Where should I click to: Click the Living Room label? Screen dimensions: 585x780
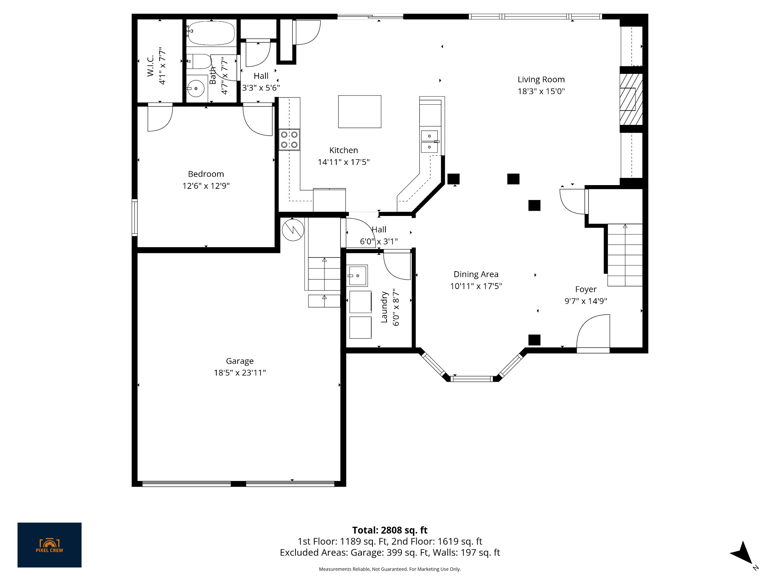[541, 80]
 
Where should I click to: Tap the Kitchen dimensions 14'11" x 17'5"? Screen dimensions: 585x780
[344, 162]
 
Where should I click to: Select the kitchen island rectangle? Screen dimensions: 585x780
[360, 112]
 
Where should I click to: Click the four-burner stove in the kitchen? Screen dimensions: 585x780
[289, 139]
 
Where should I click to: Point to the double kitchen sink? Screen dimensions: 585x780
[430, 141]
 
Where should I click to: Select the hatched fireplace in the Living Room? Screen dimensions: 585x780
[631, 99]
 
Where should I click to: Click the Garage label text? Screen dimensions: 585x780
[240, 361]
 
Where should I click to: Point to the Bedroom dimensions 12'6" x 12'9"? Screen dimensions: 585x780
[206, 186]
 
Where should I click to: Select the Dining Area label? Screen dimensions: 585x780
[476, 274]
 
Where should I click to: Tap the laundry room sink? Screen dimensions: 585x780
[357, 275]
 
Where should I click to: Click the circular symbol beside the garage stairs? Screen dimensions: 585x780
[293, 230]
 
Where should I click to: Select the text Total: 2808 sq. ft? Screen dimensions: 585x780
[390, 530]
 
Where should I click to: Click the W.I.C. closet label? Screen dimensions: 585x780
[150, 66]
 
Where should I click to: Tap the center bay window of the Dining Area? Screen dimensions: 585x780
[472, 379]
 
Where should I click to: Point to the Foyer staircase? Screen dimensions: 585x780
[625, 255]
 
